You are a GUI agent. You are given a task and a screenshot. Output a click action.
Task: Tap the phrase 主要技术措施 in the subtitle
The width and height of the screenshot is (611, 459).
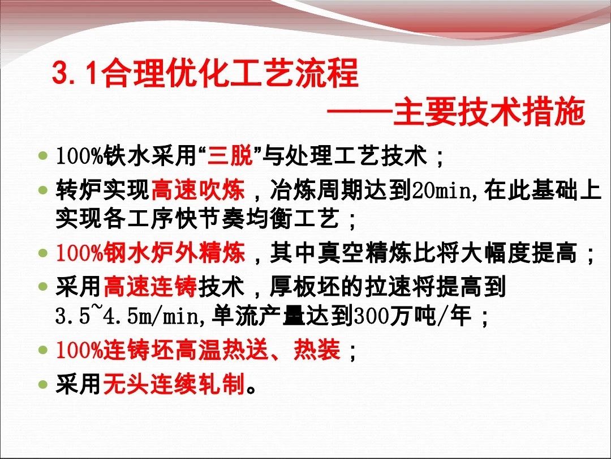click(489, 112)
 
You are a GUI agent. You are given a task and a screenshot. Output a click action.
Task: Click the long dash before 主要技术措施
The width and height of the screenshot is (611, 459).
click(359, 112)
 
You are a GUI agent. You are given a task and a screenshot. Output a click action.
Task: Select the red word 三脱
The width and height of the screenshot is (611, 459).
click(230, 156)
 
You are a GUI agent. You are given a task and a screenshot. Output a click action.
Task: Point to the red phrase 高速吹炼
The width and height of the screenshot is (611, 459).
click(198, 190)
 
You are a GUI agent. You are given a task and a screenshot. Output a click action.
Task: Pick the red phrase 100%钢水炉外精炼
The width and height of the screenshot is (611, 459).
click(150, 253)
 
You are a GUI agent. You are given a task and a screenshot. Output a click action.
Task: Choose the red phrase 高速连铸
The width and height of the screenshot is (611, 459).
click(150, 287)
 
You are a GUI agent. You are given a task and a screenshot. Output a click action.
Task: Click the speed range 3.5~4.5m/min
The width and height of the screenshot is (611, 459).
click(127, 316)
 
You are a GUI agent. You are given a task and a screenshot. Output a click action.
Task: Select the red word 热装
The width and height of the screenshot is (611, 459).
click(317, 350)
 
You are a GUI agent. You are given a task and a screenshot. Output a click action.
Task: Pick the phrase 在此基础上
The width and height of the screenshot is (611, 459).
click(543, 190)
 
